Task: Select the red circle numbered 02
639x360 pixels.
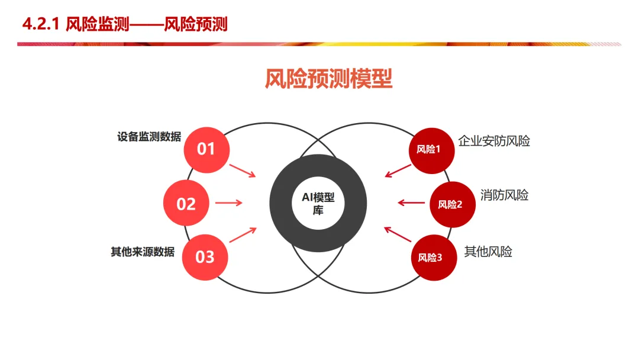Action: click(186, 204)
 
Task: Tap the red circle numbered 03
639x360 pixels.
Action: click(205, 257)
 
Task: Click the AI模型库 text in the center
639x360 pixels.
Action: click(318, 204)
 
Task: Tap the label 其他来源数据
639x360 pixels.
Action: click(143, 252)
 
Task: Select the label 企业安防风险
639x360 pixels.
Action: click(494, 141)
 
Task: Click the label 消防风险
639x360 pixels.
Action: click(505, 195)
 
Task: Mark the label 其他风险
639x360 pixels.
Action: click(488, 252)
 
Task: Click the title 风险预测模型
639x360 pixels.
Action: click(328, 79)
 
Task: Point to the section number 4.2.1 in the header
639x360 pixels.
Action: click(41, 24)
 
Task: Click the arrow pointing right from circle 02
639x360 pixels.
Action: click(228, 203)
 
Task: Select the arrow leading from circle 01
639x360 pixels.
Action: click(242, 170)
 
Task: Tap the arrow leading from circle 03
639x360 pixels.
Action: click(243, 234)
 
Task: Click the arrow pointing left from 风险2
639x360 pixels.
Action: click(412, 203)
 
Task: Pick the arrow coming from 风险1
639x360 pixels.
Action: click(398, 171)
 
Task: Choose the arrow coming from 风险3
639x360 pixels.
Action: click(398, 234)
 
